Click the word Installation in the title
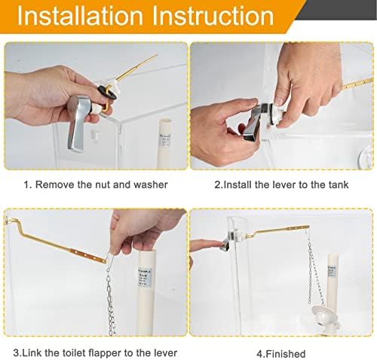pyautogui.click(x=81, y=17)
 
